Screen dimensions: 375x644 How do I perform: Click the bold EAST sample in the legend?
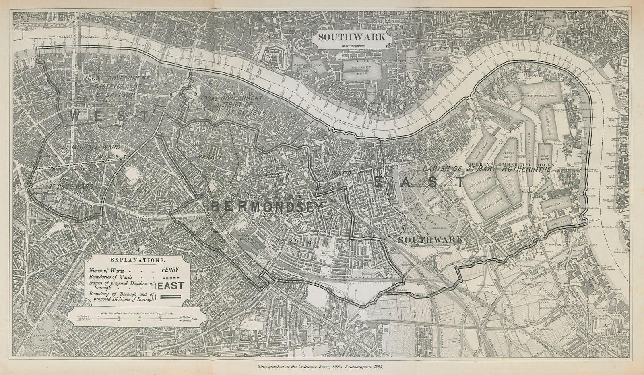point(171,286)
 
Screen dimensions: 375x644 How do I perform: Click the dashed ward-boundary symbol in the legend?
point(171,277)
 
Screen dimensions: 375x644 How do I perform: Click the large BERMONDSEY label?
point(267,207)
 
